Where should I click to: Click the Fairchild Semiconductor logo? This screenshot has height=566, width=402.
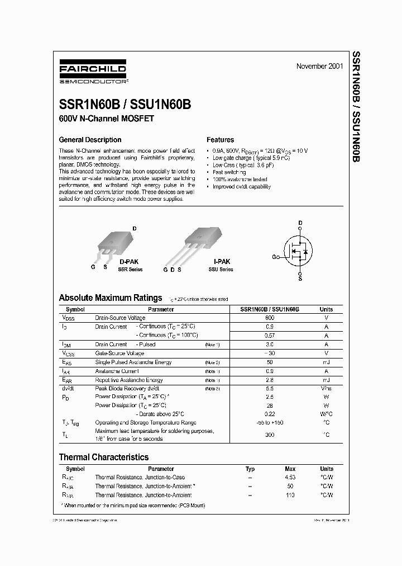point(93,73)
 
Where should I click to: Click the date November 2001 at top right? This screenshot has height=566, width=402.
point(319,66)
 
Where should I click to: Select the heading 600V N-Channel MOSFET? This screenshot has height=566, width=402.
point(106,119)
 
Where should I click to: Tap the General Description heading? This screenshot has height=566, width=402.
point(90,140)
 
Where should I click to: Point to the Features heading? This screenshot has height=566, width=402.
point(220,140)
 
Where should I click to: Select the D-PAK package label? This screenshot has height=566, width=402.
point(130,261)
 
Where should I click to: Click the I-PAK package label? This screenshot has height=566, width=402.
point(222,261)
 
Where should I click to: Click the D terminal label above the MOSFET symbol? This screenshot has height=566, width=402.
point(300,223)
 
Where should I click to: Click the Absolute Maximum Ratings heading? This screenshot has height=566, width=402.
point(111,298)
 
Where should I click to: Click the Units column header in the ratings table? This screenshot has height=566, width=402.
point(326,309)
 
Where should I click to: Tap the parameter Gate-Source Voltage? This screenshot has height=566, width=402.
point(119,353)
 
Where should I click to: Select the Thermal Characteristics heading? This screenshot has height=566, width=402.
point(104,457)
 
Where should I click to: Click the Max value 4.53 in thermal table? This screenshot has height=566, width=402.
point(290,477)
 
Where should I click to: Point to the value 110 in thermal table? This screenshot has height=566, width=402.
point(290,495)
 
